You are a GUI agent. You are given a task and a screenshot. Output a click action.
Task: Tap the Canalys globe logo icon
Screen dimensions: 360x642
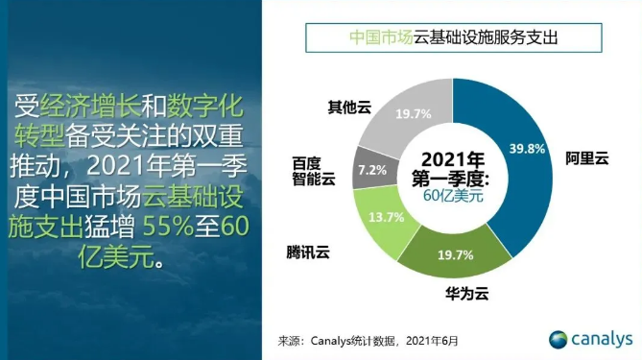(558, 339)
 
